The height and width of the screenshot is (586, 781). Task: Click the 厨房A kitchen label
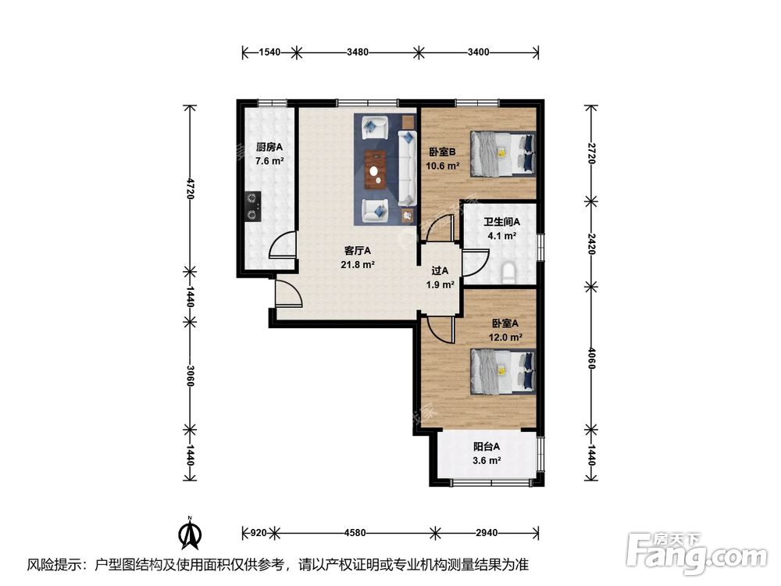269,147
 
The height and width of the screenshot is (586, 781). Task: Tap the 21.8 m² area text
358,265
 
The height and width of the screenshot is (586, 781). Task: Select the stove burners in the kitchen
254,206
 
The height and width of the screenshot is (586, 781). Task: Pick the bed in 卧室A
502,371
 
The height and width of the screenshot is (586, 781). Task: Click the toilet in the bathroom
508,273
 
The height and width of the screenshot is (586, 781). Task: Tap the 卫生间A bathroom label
501,222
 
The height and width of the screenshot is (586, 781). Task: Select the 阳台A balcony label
487,446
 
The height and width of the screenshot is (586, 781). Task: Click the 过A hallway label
440,270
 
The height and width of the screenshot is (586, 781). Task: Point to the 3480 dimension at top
358,52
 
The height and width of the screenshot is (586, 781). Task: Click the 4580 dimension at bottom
355,533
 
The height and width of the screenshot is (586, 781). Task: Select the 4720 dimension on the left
189,188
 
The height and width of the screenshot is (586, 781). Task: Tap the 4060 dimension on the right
591,359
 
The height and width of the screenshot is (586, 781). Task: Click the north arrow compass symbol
190,534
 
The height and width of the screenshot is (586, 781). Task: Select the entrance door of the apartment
288,293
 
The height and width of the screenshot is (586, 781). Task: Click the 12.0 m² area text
505,338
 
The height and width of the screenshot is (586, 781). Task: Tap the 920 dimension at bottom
258,533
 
